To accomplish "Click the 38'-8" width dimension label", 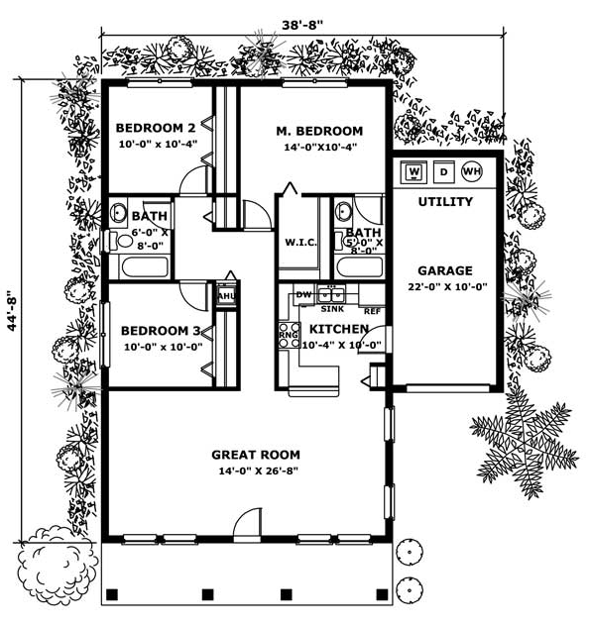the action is tap(302, 25).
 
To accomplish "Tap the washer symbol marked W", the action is tap(413, 171).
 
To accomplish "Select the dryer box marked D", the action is tap(443, 171).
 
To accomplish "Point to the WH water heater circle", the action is tap(472, 171).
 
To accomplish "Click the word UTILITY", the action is tap(445, 201).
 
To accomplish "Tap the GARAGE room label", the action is tap(445, 270).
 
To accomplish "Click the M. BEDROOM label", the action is tap(319, 131).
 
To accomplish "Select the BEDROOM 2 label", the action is tap(156, 128).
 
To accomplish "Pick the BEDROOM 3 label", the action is tap(161, 331).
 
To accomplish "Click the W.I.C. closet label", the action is tap(300, 243).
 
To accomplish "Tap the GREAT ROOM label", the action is tap(256, 455).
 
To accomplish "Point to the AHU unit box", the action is tap(226, 296).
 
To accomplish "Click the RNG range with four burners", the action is tap(290, 335).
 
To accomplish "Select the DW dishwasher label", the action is tap(303, 295).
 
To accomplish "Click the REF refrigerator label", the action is tap(373, 311).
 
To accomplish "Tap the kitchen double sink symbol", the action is tap(331, 295).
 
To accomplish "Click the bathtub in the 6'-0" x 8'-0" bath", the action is tap(145, 267).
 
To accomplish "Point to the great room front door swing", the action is tap(248, 523).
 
